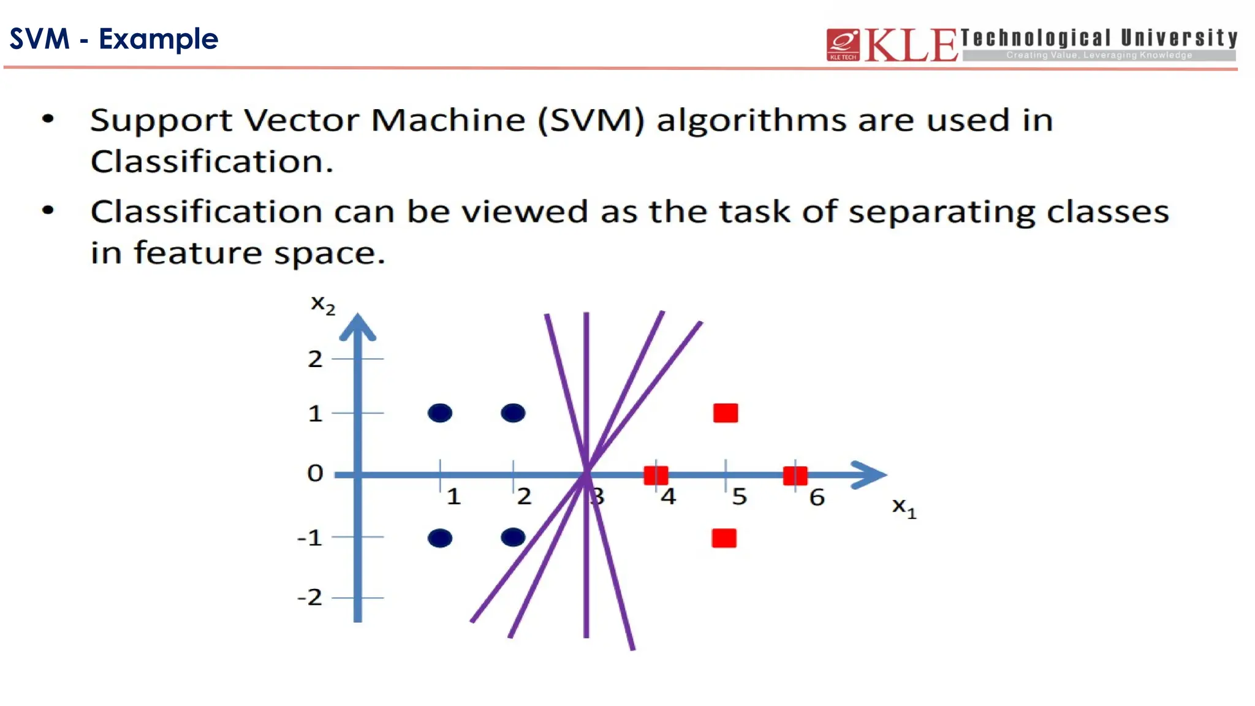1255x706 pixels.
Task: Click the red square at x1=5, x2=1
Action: point(726,413)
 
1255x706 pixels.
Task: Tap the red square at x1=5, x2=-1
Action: point(724,538)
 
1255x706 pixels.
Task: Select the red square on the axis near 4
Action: point(656,475)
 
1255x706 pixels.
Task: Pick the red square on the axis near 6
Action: point(795,475)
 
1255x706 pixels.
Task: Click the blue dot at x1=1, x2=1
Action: point(440,413)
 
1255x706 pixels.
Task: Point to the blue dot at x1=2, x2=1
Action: point(513,413)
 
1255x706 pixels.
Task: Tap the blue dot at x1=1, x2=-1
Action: point(440,538)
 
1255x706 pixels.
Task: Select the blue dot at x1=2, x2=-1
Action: point(513,537)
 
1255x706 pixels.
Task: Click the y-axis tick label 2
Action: point(315,359)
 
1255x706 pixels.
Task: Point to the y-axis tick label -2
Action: point(310,597)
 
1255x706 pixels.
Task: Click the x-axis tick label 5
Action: point(740,496)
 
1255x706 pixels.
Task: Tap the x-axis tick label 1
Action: point(453,496)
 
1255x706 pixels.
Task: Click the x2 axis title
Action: point(323,304)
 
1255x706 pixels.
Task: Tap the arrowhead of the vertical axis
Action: point(358,328)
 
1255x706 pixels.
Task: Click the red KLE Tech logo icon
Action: point(843,45)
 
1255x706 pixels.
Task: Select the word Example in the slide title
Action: point(158,39)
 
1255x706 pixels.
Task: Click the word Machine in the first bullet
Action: point(448,120)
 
